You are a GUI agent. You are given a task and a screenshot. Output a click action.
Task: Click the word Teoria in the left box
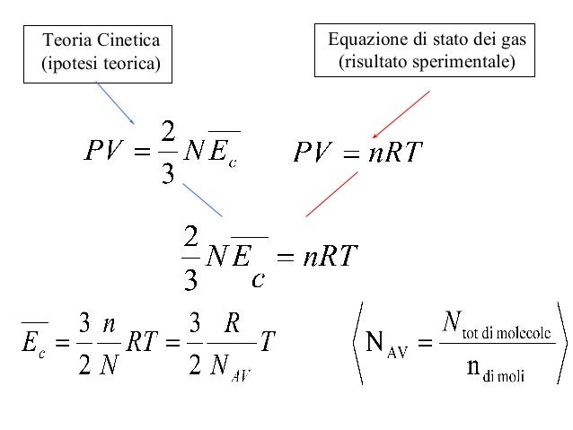[66, 39]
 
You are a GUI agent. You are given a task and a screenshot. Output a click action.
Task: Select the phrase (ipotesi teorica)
[101, 64]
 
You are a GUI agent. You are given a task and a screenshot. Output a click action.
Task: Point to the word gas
[514, 40]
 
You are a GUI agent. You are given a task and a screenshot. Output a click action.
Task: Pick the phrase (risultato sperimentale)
[427, 62]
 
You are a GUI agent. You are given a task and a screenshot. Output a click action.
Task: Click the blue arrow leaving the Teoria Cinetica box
[115, 103]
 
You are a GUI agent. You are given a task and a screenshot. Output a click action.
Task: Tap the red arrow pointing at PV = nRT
[401, 115]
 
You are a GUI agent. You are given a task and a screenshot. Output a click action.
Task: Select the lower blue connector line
[202, 200]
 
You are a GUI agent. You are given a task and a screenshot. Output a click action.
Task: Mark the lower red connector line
[331, 194]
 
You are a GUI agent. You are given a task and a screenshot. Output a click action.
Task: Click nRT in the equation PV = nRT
[395, 152]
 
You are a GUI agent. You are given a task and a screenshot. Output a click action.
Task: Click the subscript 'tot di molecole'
[507, 333]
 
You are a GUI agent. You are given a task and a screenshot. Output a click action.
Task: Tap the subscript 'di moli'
[504, 376]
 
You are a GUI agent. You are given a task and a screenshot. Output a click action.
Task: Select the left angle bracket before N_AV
[357, 343]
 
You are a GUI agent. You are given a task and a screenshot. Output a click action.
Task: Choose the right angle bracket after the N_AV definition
[563, 343]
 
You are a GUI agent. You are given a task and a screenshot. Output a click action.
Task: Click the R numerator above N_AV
[232, 324]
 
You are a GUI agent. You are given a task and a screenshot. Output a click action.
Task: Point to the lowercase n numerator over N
[109, 324]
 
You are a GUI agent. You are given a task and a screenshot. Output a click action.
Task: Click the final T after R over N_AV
[268, 341]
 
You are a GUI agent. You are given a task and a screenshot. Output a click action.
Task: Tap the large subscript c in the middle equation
[258, 280]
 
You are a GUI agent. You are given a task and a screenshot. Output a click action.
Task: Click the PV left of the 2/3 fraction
[103, 150]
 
